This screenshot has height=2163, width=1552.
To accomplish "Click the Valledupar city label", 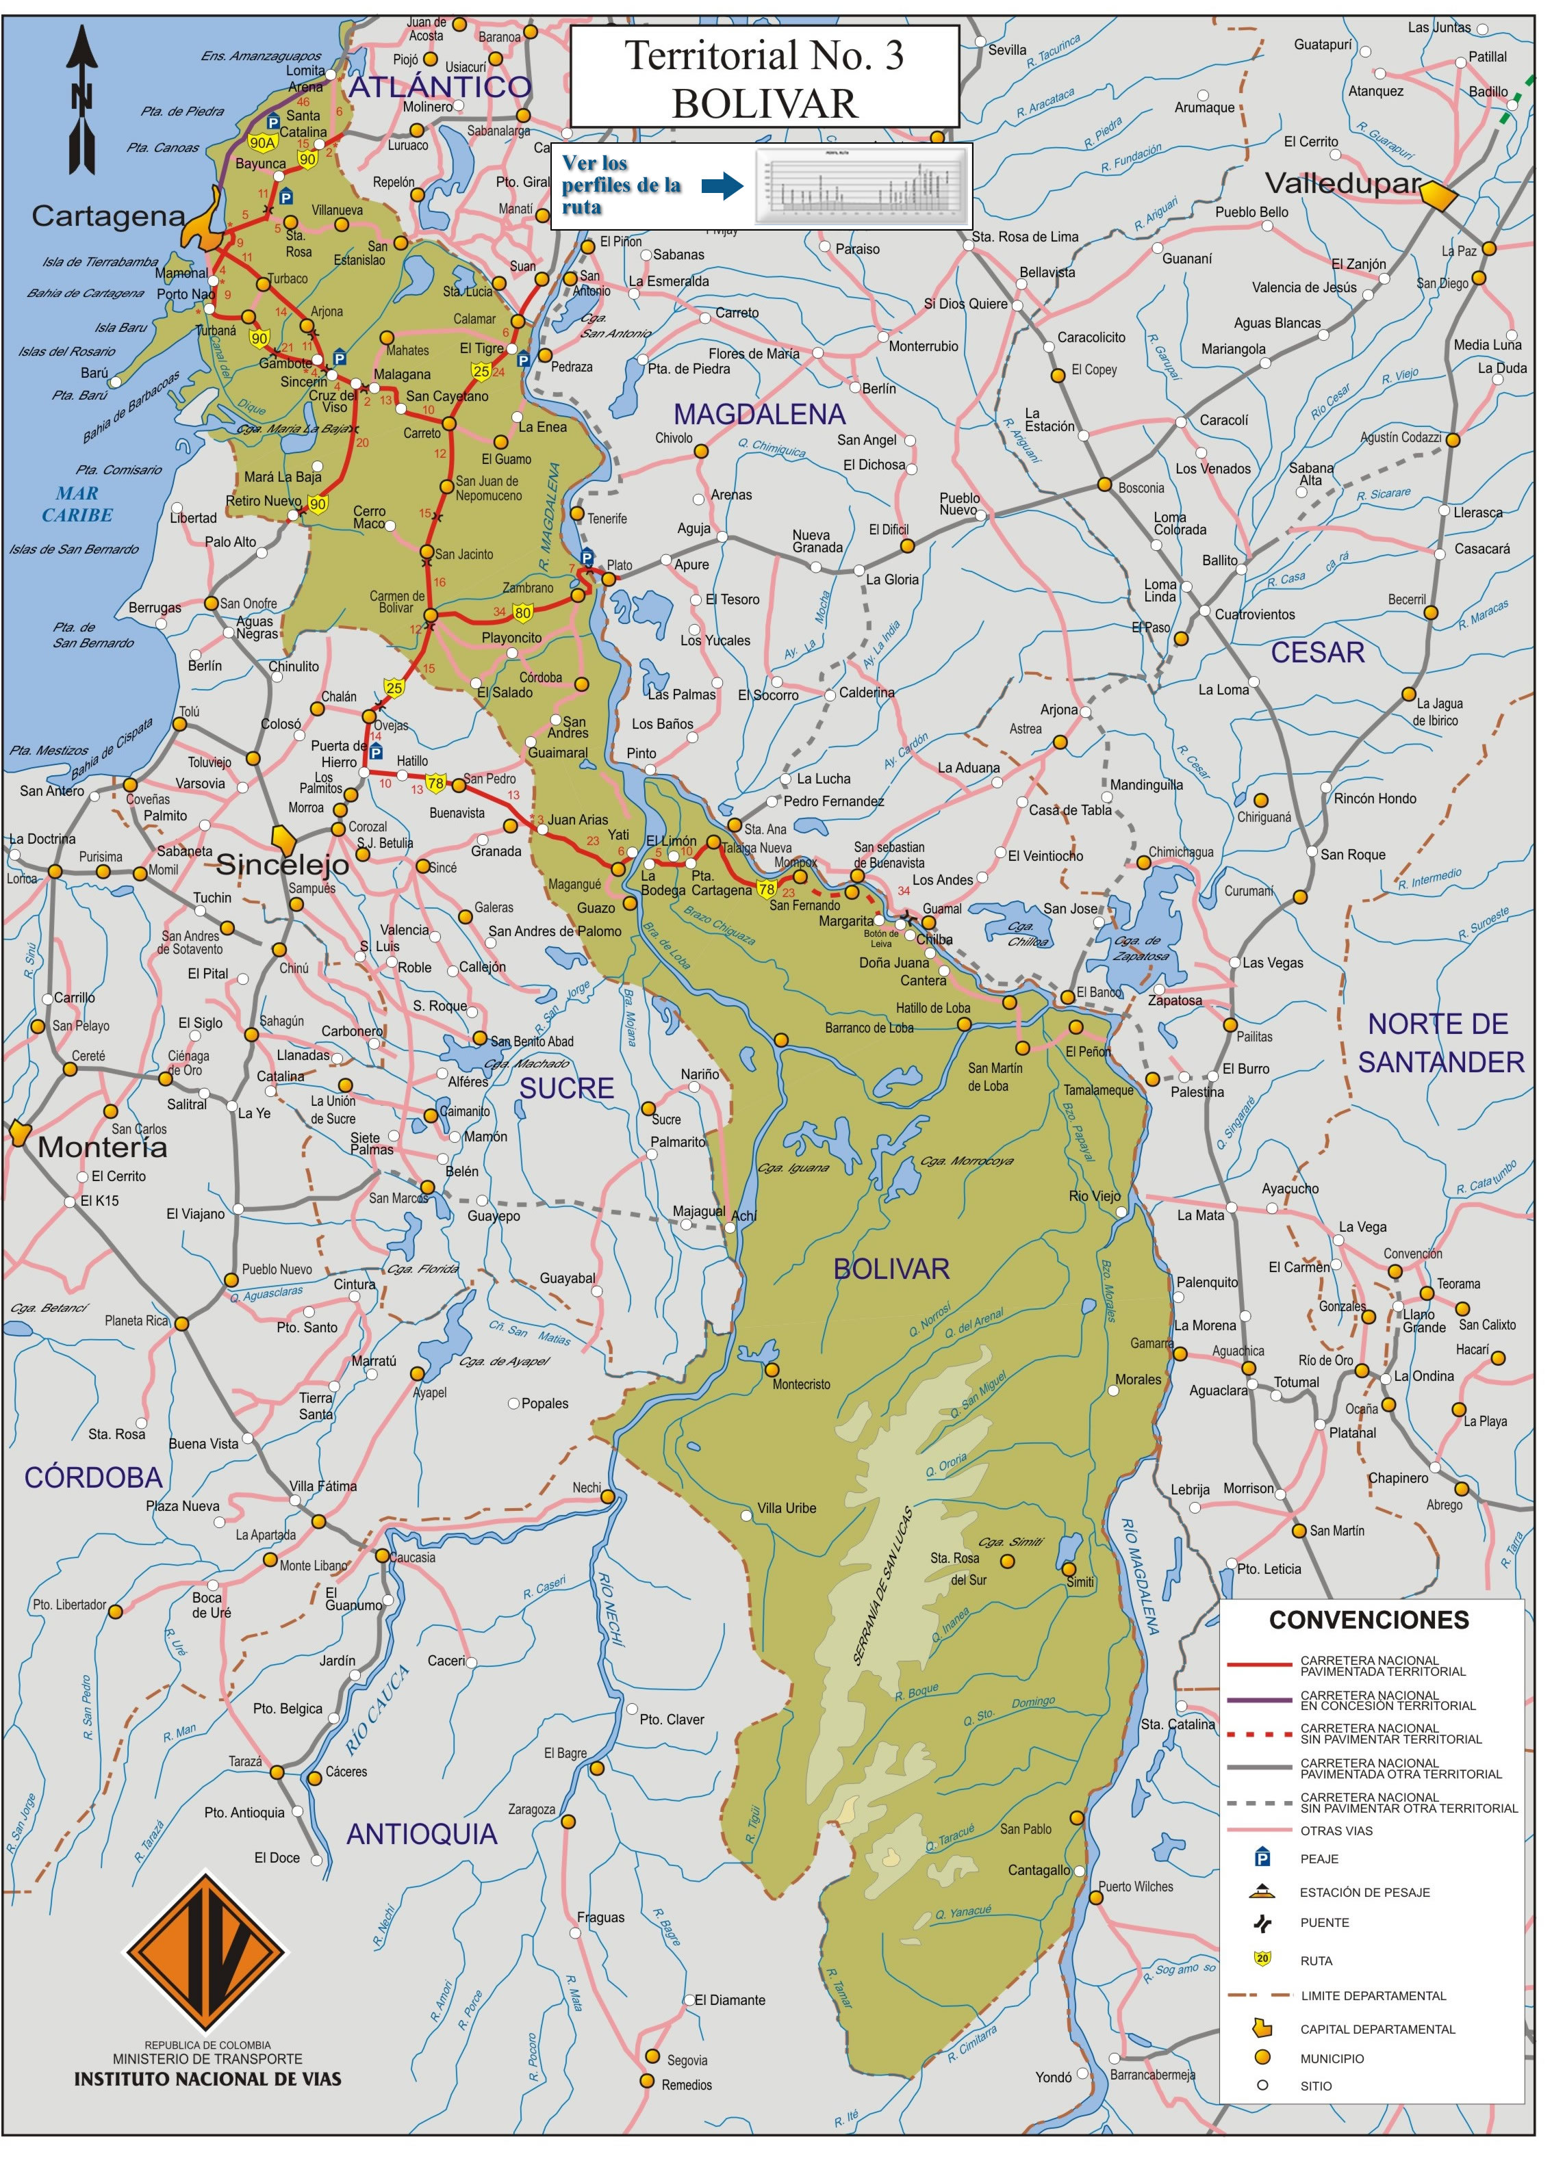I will [1342, 183].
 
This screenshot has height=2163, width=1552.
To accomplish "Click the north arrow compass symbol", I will [82, 99].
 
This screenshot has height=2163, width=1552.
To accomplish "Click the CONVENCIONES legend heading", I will [1368, 1620].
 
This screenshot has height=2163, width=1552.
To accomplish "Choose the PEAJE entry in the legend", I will [1319, 1858].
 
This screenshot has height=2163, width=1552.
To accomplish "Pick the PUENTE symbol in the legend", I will [1263, 1923].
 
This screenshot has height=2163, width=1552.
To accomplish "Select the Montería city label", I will [102, 1148].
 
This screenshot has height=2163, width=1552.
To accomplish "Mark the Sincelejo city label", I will [282, 864].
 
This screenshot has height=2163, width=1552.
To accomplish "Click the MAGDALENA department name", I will [759, 414].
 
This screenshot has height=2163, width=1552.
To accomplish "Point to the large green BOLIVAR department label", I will [891, 1269].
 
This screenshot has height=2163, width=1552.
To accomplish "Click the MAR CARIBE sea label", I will [77, 504].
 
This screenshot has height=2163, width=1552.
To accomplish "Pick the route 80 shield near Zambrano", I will [523, 612].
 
